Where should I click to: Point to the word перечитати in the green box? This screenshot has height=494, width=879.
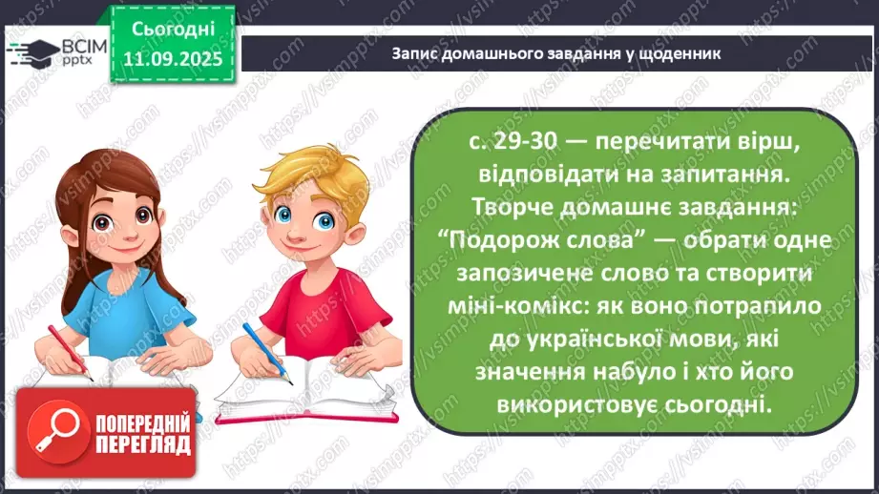[x=655, y=142]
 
